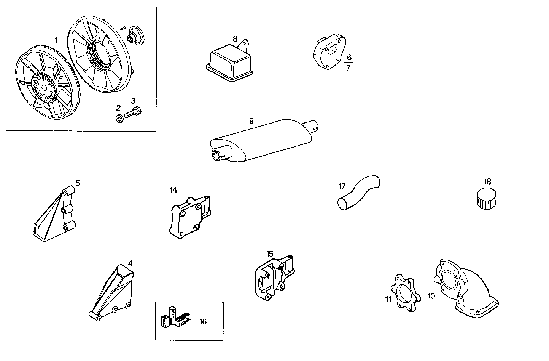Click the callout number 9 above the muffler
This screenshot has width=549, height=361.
click(251, 121)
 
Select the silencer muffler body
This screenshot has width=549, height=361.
click(263, 141)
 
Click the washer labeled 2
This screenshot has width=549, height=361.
click(118, 118)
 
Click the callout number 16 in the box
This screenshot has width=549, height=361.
click(203, 322)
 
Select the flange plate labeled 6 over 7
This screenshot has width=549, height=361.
click(328, 51)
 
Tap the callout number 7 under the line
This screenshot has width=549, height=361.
click(348, 68)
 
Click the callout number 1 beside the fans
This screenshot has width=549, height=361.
click(56, 40)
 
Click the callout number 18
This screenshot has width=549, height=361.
click(488, 181)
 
